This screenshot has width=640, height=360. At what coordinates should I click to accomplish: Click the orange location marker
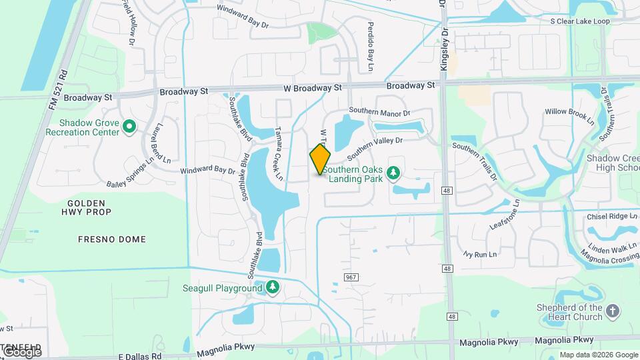point(320,159)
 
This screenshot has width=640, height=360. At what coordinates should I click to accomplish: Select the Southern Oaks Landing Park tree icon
point(393,173)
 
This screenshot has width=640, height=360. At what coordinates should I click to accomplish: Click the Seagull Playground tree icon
point(272,288)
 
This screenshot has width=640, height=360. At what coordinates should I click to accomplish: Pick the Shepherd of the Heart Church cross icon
point(613,311)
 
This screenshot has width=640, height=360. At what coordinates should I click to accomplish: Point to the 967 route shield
point(351,276)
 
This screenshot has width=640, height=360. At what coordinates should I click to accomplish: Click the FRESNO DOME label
point(111,239)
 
